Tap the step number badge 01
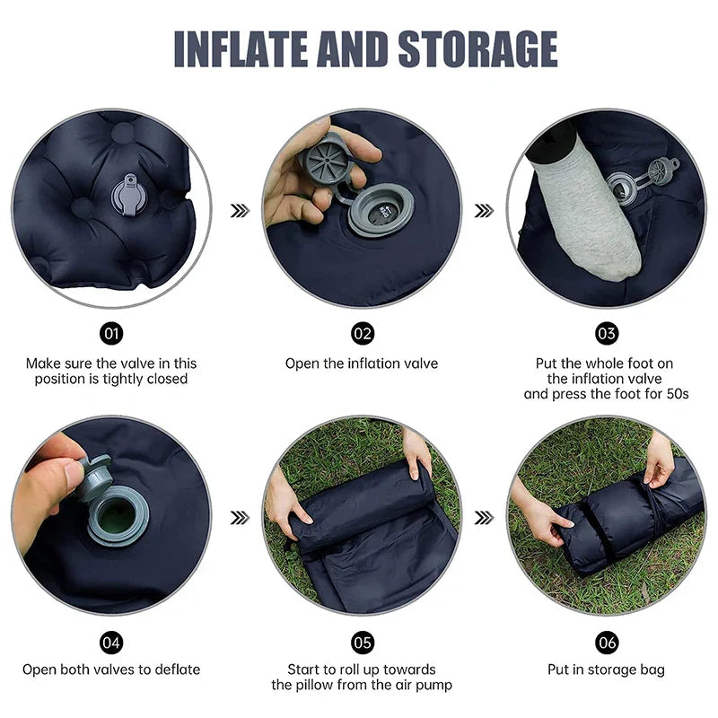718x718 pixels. coord(111,334)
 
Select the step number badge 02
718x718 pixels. coord(362,334)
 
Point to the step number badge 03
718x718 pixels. coord(607,334)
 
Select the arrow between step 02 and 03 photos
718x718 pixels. coord(485,210)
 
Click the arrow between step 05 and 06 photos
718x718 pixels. coord(485,517)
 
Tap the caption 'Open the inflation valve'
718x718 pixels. coord(362,363)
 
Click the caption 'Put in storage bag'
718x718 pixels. coord(606,670)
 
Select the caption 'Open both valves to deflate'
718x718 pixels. coord(111,670)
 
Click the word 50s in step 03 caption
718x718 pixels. coord(674,394)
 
